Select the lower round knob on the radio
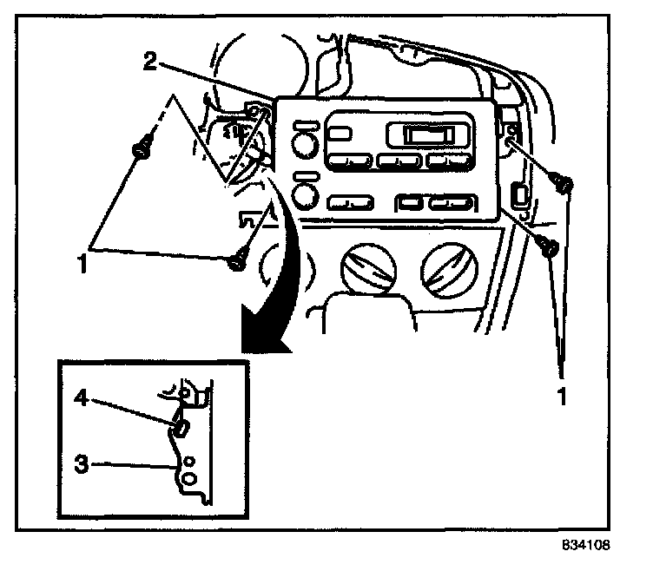coord(303,193)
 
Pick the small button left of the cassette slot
coord(340,134)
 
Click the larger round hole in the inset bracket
coord(187,477)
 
